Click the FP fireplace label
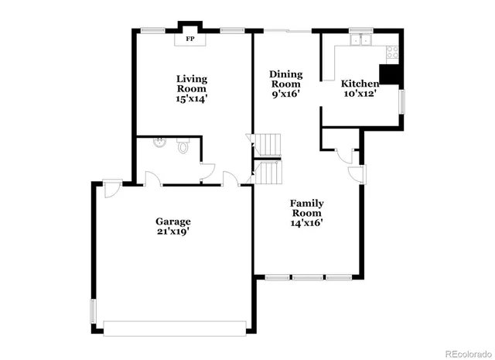click(189, 37)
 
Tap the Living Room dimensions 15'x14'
click(191, 98)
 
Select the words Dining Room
click(285, 79)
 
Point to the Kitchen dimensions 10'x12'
click(360, 94)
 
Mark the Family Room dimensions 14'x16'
click(306, 222)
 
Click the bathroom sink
click(159, 142)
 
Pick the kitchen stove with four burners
click(392, 53)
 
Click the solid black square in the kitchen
click(392, 74)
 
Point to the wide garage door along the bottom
click(173, 328)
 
